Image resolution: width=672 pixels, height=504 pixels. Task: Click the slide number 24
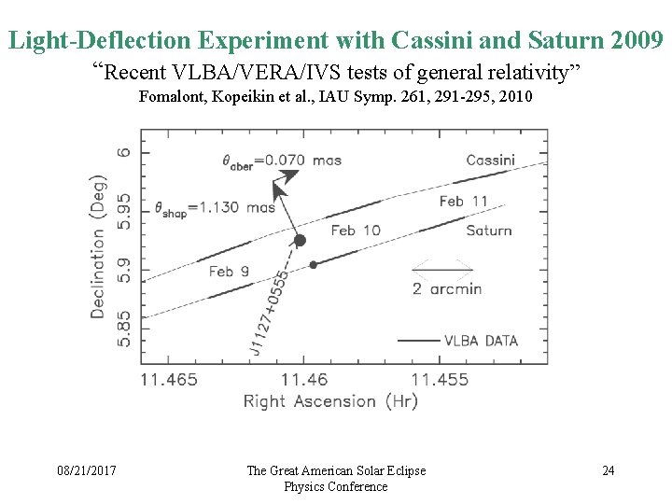pos(608,470)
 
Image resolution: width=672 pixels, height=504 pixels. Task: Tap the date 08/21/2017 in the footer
pos(86,470)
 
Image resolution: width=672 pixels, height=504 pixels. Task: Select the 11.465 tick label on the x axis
pos(169,380)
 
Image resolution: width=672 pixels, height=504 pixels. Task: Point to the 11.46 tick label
pos(304,380)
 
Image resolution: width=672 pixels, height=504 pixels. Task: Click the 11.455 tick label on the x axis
pos(440,380)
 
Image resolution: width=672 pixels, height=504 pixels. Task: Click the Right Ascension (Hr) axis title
pos(330,401)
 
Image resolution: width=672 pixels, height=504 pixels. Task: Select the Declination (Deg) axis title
pos(97,245)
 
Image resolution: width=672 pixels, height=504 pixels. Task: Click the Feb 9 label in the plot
pos(229,272)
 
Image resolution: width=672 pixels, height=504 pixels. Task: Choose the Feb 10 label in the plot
pos(356,231)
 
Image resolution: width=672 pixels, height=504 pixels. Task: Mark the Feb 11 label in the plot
pos(463,201)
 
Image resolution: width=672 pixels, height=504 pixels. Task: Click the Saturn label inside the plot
pos(489,231)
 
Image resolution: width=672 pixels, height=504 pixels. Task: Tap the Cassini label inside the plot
pos(490,160)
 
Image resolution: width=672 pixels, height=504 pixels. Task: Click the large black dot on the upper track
pos(300,241)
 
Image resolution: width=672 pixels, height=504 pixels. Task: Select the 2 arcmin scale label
pos(447,288)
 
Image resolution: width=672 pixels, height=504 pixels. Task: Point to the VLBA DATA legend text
pos(481,341)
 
